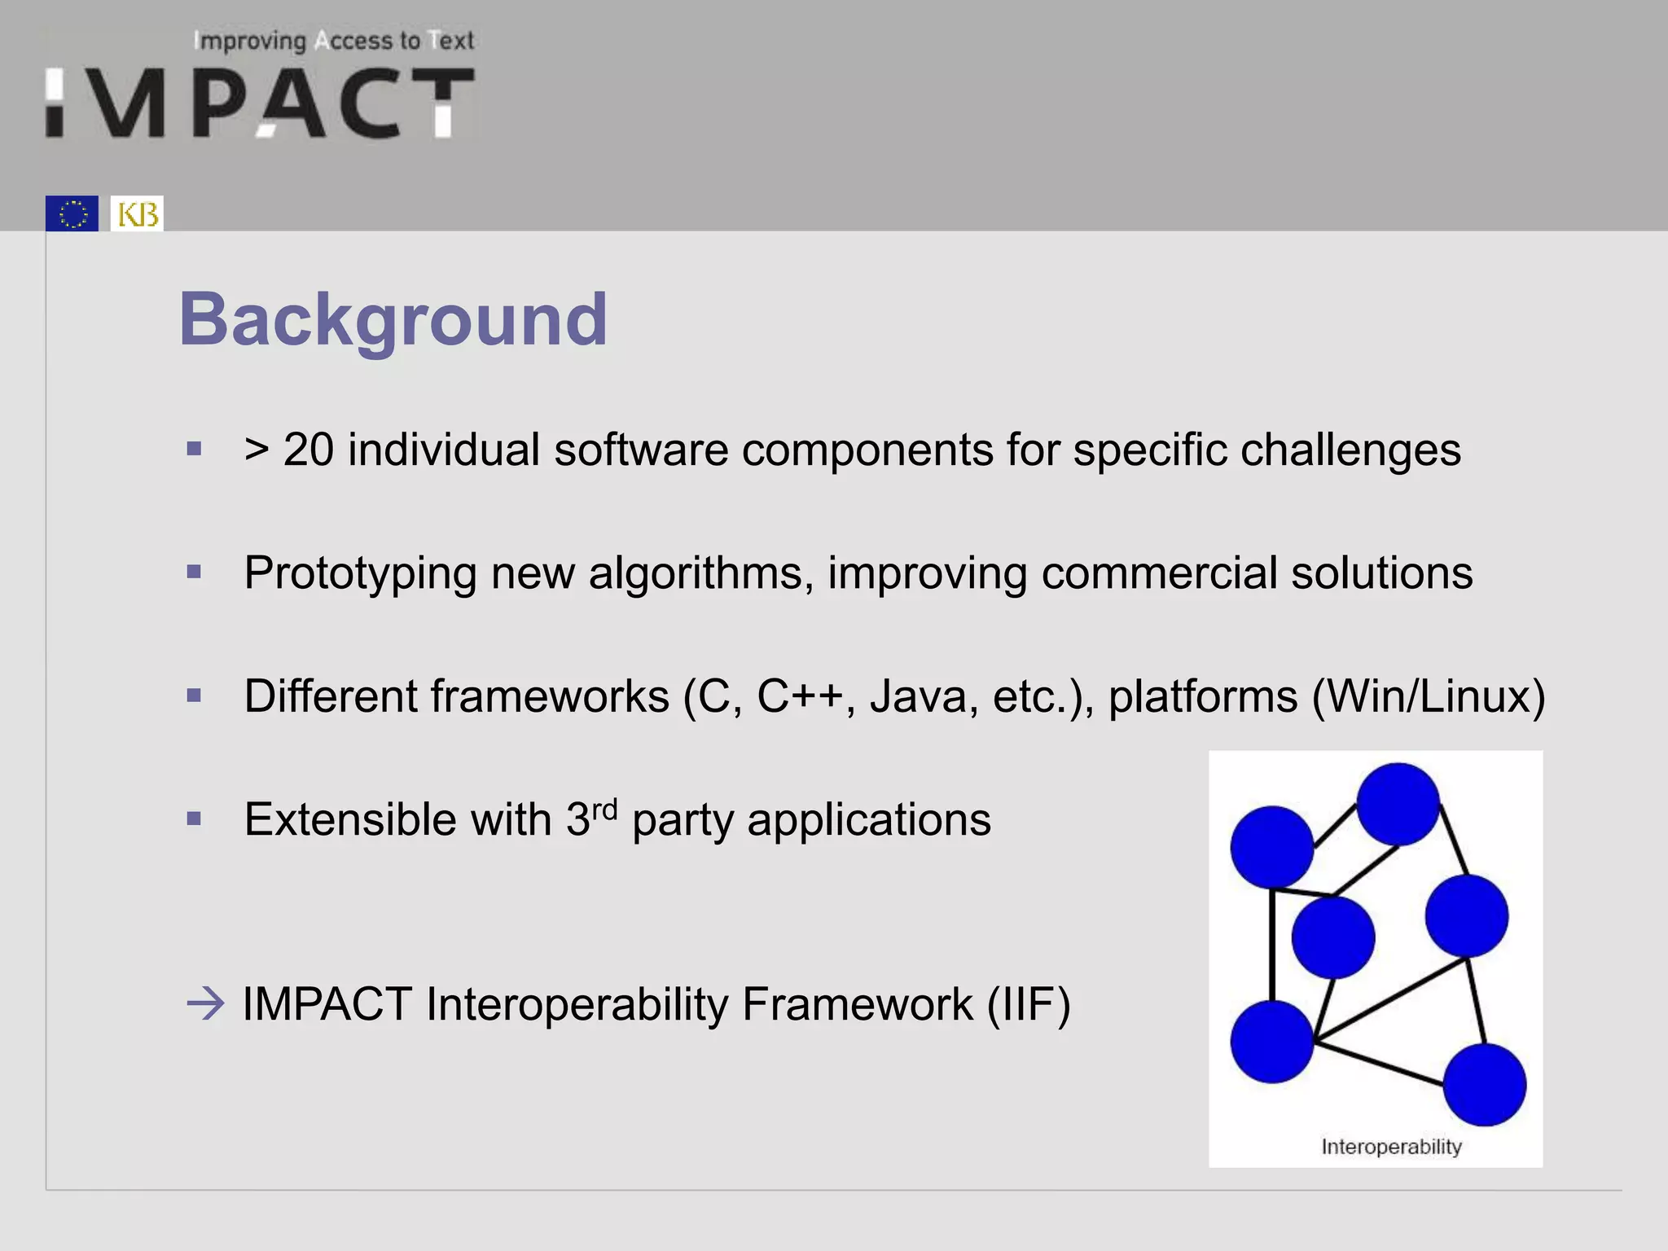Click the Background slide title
393,319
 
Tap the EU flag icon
72,213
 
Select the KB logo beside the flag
137,213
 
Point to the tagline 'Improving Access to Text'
335,41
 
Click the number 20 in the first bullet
309,450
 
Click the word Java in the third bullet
917,696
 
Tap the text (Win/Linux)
1429,696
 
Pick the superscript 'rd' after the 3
604,810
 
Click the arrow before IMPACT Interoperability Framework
205,1003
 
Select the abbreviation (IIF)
1029,1004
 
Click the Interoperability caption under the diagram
1391,1147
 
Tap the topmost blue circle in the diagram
1398,804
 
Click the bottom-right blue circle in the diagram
1484,1085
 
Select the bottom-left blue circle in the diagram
1271,1042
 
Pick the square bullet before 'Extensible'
194,819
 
